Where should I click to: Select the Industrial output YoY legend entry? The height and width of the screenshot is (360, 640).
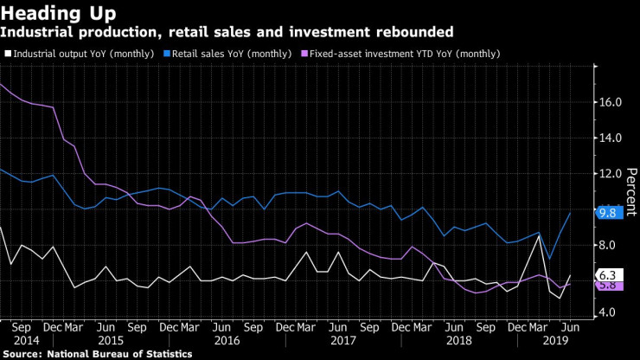[x=80, y=54]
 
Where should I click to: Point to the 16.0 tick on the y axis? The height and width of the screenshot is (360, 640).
[x=608, y=102]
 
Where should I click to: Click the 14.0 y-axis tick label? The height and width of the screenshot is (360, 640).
[x=608, y=138]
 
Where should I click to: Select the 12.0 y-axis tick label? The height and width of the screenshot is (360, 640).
[x=608, y=174]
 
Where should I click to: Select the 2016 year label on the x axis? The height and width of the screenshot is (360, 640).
[x=226, y=341]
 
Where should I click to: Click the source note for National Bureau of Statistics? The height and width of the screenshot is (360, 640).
[x=96, y=354]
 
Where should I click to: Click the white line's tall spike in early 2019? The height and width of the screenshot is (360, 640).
[x=540, y=235]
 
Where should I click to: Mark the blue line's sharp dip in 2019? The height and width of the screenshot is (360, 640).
[x=548, y=259]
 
